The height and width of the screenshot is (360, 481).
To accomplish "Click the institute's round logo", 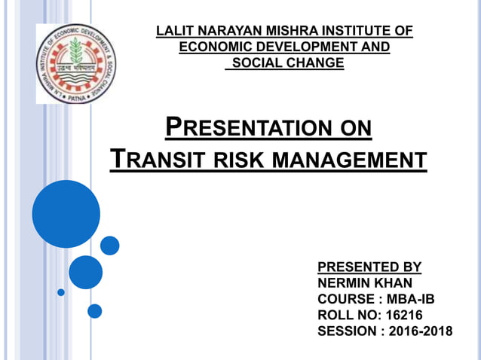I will pos(73,63).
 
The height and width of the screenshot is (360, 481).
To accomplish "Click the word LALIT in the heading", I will pos(173,31).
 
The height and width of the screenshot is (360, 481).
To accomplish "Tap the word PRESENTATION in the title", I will pos(242,127).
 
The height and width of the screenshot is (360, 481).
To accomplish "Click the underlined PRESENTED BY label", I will pos(369,267).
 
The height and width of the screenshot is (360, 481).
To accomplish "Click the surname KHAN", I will pos(394,282).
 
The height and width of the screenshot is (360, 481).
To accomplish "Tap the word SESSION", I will pos(348,330).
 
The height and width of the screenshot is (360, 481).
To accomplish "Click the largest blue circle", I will pos(66,214).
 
